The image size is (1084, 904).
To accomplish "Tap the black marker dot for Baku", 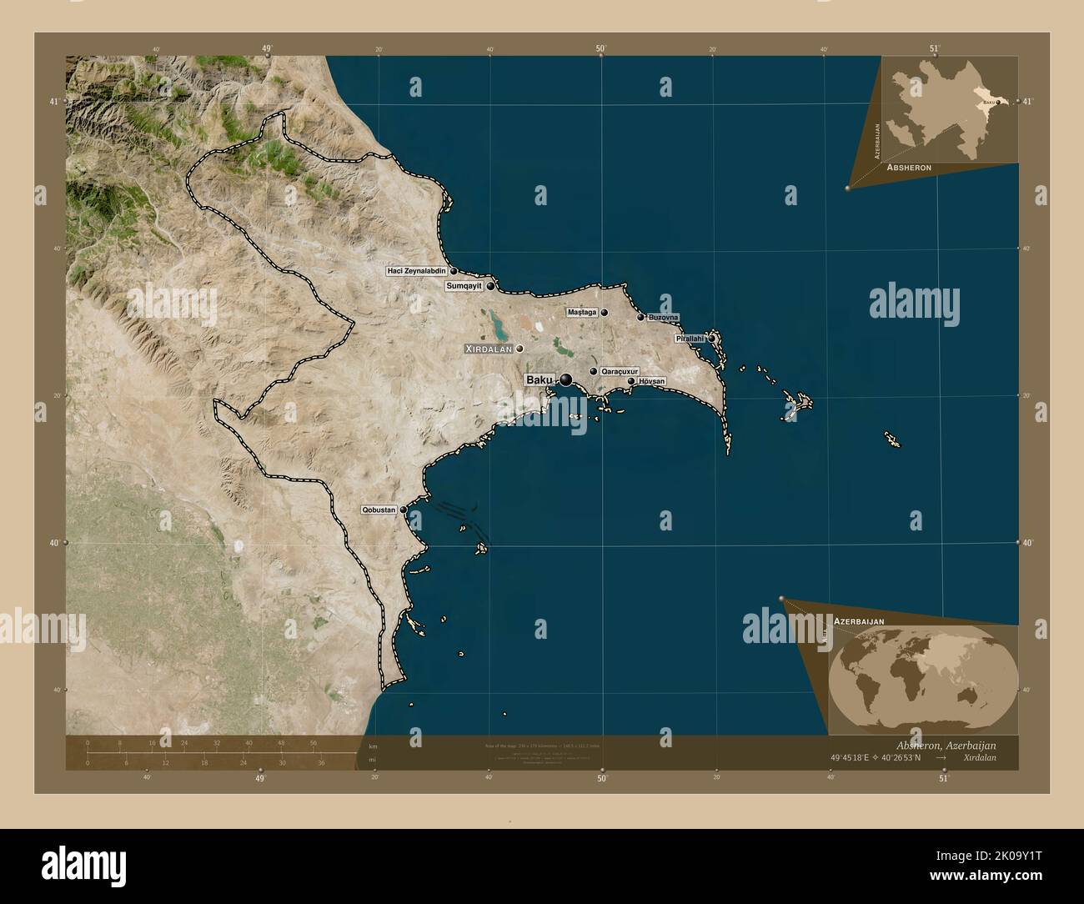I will pyautogui.click(x=566, y=380).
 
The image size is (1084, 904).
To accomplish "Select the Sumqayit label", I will pyautogui.click(x=464, y=286).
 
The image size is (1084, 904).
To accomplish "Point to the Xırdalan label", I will pyautogui.click(x=488, y=349).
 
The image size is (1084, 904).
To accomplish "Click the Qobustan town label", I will pyautogui.click(x=378, y=510).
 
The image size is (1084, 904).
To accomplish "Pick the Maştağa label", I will pyautogui.click(x=582, y=313).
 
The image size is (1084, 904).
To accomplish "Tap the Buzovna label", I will pyautogui.click(x=664, y=317).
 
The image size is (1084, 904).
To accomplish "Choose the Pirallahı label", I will pyautogui.click(x=690, y=339).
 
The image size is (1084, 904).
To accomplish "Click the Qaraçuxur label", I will pyautogui.click(x=620, y=371).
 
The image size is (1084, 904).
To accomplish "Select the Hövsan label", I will pyautogui.click(x=652, y=381).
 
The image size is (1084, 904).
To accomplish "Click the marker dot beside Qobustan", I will pyautogui.click(x=404, y=510).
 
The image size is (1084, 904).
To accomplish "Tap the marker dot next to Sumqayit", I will pyautogui.click(x=491, y=286).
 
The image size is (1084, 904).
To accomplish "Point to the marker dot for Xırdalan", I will pyautogui.click(x=519, y=349).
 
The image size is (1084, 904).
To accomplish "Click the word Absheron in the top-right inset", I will pyautogui.click(x=909, y=168).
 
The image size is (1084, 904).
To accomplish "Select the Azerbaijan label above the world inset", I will pyautogui.click(x=860, y=621).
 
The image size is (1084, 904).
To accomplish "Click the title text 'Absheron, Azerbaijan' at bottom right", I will pyautogui.click(x=943, y=745).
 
